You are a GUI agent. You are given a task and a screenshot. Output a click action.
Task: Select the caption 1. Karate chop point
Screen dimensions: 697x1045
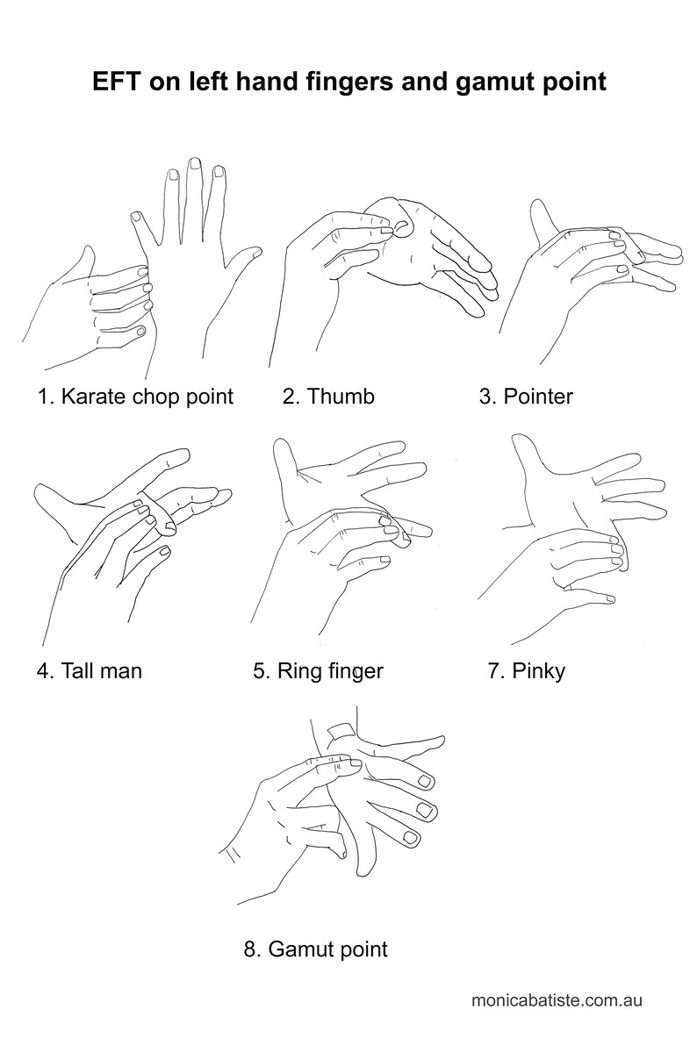tap(135, 397)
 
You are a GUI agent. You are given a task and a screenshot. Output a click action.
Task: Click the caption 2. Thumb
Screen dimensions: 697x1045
tap(328, 396)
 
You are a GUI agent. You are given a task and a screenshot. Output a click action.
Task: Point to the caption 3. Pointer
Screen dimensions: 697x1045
tap(526, 396)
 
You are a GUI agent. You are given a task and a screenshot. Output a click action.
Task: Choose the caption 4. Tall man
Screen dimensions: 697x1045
tap(90, 669)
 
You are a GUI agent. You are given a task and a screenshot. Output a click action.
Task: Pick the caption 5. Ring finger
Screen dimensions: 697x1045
tap(318, 670)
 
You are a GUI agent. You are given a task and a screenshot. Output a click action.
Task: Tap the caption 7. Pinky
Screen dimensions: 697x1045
tap(526, 670)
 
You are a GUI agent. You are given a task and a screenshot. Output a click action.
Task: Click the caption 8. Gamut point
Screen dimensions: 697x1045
tap(315, 949)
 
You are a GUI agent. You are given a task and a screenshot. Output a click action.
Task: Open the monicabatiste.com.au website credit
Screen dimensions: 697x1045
tap(557, 999)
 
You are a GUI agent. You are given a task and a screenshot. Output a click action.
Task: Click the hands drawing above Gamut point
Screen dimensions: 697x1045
tap(334, 806)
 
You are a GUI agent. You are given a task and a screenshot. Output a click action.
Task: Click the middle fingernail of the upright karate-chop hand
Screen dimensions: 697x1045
tap(195, 164)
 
